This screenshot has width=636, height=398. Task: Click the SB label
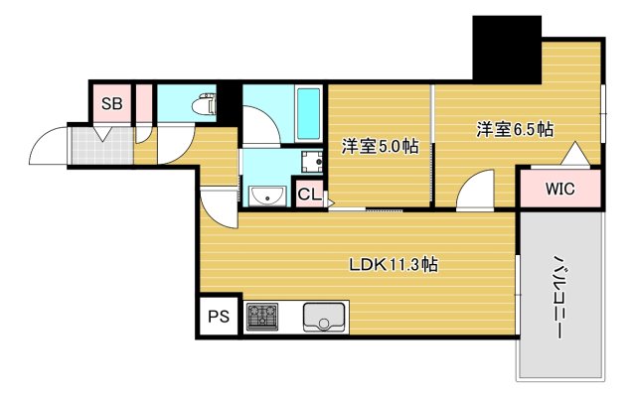pos(112,104)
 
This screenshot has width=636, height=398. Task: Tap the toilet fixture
pos(204,104)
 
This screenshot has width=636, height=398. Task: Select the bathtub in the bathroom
pos(309,114)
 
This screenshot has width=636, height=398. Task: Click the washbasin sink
pos(267,196)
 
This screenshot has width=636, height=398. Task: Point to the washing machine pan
pos(312,162)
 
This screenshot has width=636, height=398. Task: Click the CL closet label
pos(309,195)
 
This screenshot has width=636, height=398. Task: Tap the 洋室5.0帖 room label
pos(380,146)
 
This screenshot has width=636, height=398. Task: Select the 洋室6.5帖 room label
pos(515,129)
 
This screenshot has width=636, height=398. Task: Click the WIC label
pos(559,189)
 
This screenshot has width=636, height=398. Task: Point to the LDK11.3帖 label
pos(394,265)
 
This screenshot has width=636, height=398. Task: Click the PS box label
pos(219,316)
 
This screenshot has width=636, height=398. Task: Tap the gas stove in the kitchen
pos(262,317)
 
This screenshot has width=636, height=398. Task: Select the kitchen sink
pos(324,317)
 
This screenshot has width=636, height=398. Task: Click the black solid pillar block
pos(507,50)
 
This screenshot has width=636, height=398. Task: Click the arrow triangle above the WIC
pos(575,153)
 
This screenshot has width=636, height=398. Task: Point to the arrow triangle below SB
pos(103,134)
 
